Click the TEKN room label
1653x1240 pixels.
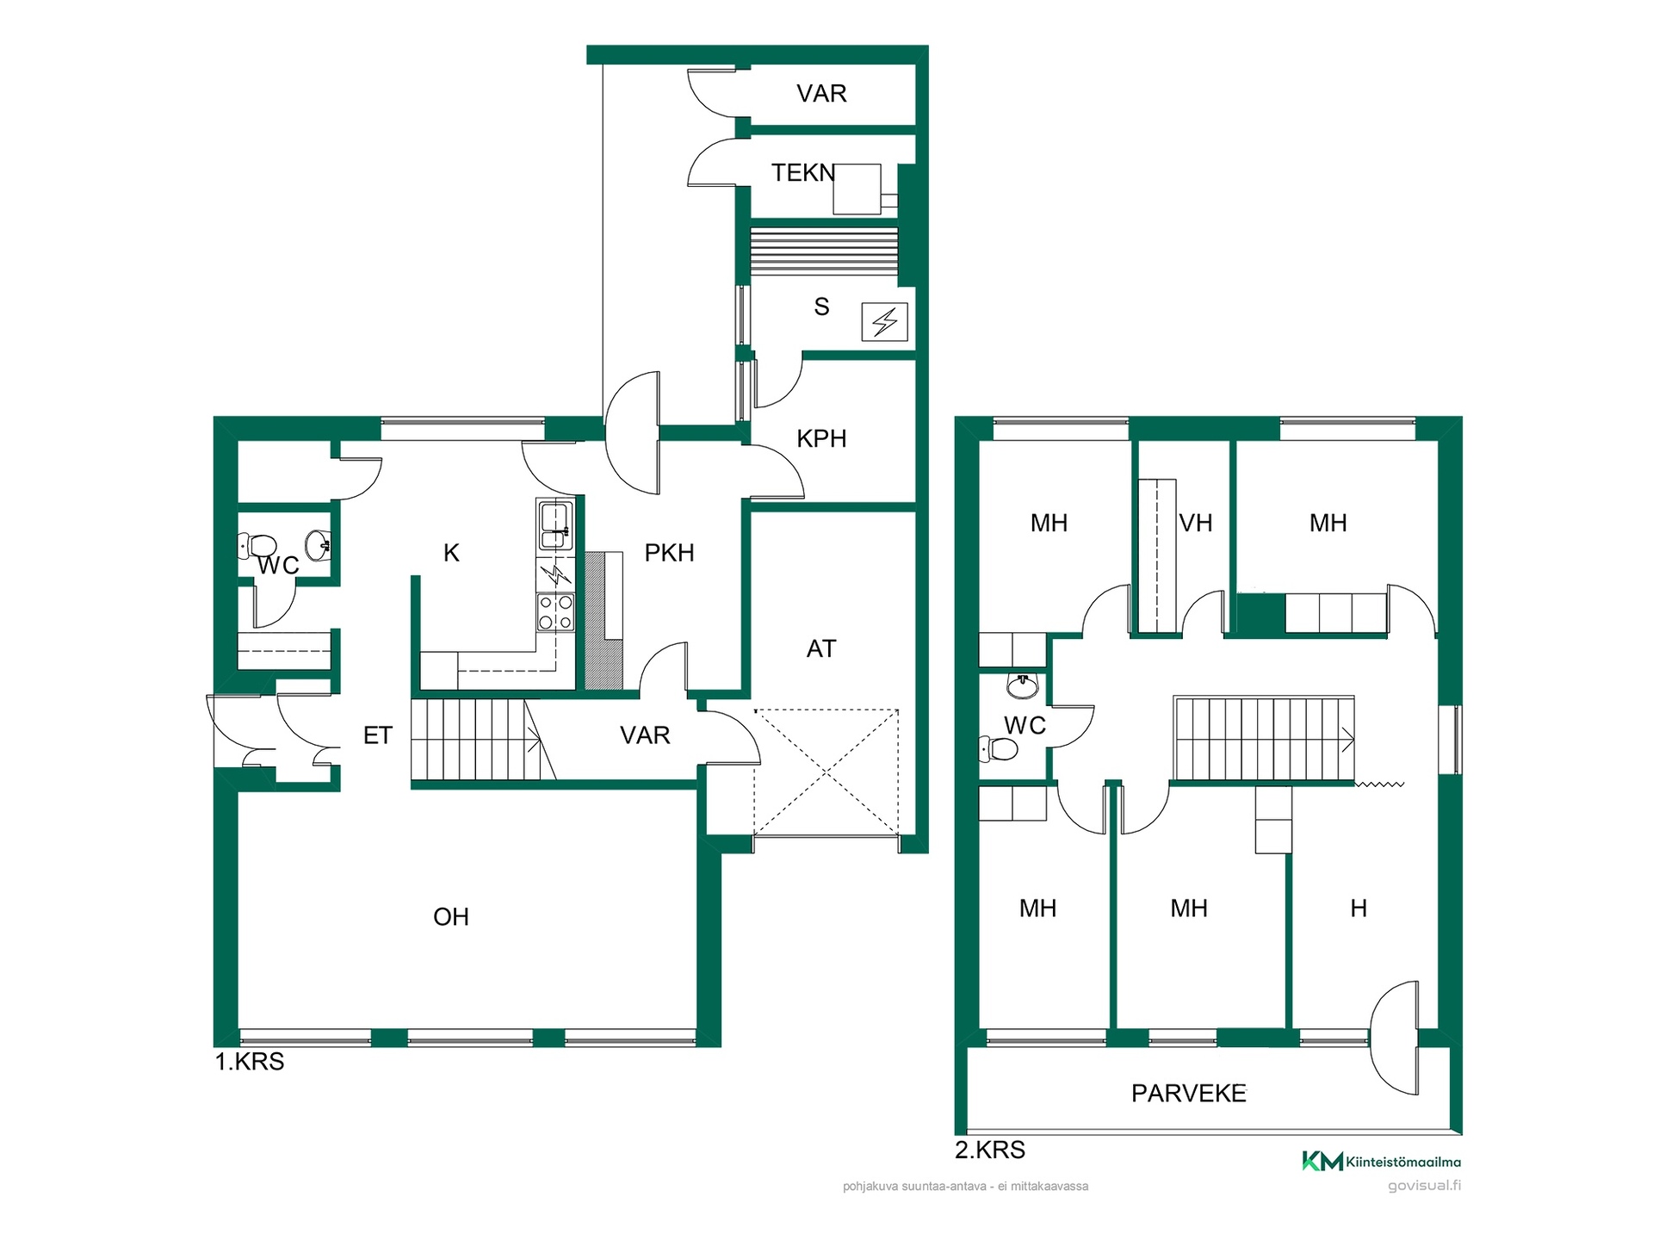(803, 173)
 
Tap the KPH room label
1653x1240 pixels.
(821, 438)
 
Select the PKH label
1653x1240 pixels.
(669, 553)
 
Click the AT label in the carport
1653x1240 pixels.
(821, 648)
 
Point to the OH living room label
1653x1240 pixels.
(451, 916)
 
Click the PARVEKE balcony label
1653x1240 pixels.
(1189, 1094)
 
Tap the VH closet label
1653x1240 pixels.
(1195, 523)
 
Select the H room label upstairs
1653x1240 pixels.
(1359, 908)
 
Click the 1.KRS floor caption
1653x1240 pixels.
(250, 1062)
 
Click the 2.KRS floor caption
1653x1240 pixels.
(990, 1150)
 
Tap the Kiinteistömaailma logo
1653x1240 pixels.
(1381, 1162)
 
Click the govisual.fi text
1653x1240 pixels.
(1424, 1186)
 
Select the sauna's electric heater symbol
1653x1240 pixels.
(885, 323)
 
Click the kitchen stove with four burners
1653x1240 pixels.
(555, 612)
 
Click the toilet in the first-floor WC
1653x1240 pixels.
(257, 545)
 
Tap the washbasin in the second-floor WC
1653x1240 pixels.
(1023, 685)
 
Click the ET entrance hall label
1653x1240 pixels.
(378, 735)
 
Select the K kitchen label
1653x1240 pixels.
(451, 553)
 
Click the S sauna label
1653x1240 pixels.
(821, 307)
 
